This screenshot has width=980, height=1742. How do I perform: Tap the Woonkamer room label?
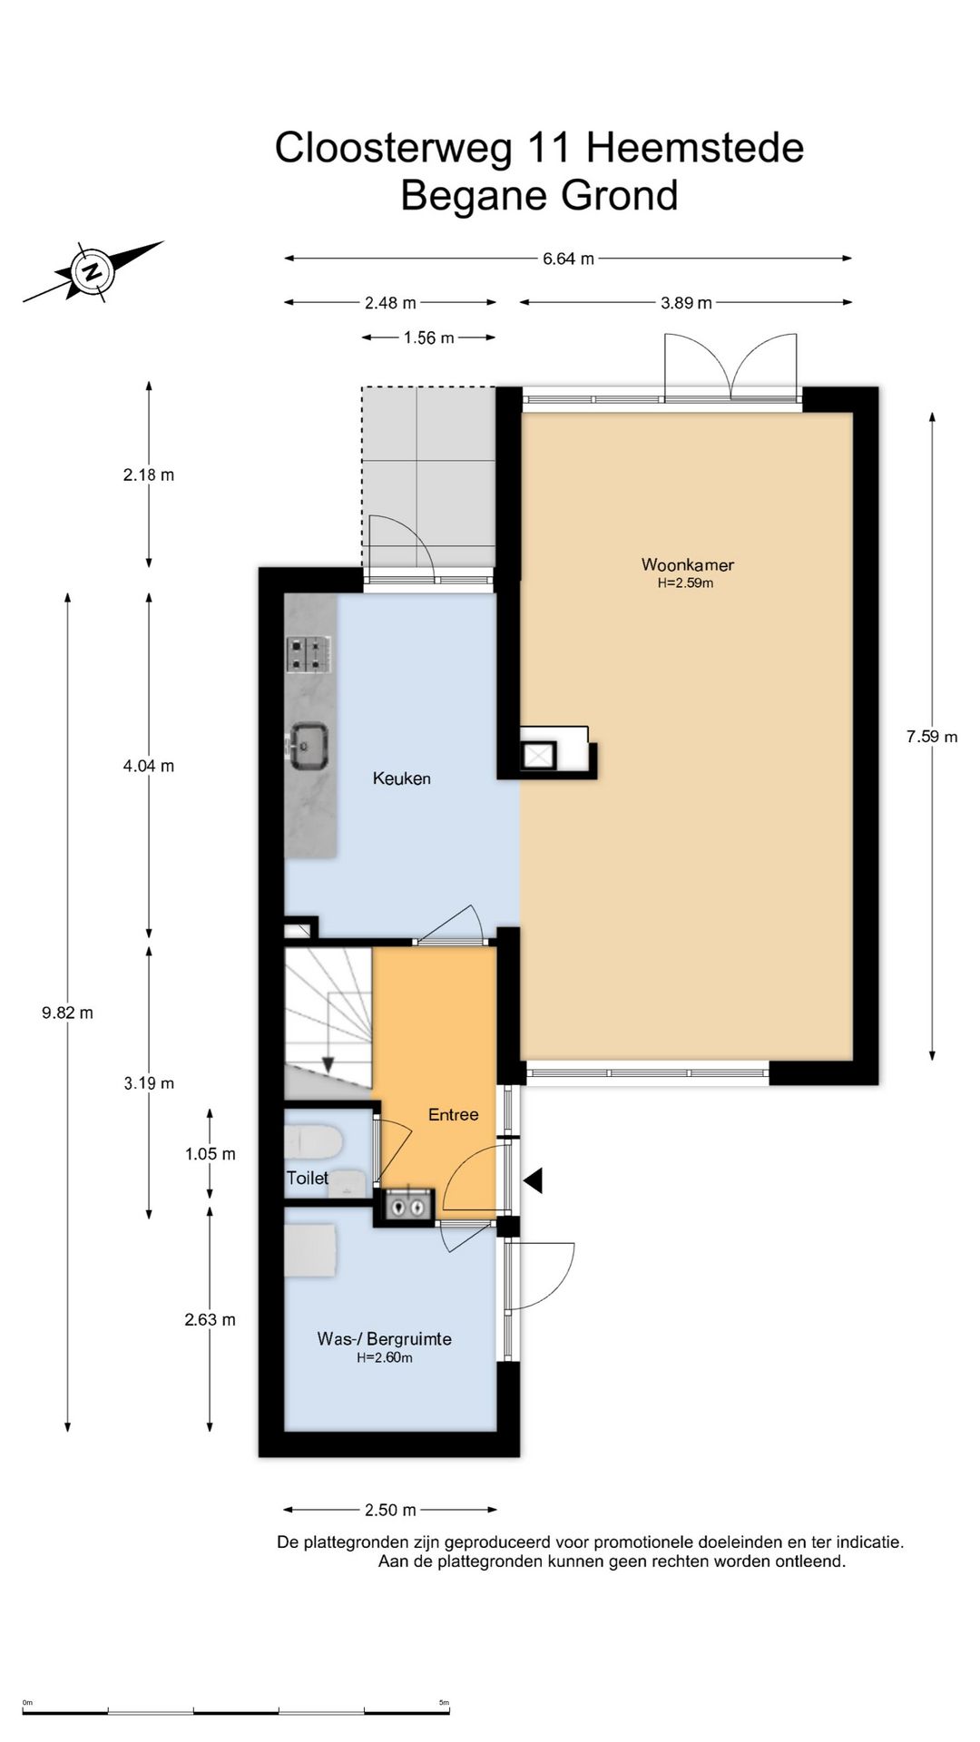pyautogui.click(x=687, y=564)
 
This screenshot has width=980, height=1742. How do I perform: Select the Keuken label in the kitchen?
pyautogui.click(x=401, y=778)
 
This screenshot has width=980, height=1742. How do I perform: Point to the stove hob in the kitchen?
pyautogui.click(x=309, y=654)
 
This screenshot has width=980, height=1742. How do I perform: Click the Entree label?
pyautogui.click(x=453, y=1114)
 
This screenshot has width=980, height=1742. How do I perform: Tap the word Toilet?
pyautogui.click(x=308, y=1178)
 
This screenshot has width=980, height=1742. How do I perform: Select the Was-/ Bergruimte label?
pyautogui.click(x=384, y=1338)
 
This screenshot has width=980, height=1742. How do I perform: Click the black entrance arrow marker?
pyautogui.click(x=533, y=1180)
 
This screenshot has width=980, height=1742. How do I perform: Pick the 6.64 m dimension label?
pyautogui.click(x=568, y=259)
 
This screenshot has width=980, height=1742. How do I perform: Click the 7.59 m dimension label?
pyautogui.click(x=932, y=737)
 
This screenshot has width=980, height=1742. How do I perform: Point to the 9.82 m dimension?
pyautogui.click(x=67, y=1013)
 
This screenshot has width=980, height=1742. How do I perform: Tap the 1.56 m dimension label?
pyautogui.click(x=428, y=338)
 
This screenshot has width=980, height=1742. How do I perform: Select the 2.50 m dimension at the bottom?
pyautogui.click(x=390, y=1510)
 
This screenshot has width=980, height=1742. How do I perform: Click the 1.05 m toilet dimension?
pyautogui.click(x=210, y=1154)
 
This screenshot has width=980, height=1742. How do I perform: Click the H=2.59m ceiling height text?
pyautogui.click(x=686, y=583)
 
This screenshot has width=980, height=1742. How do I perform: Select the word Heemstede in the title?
pyautogui.click(x=695, y=148)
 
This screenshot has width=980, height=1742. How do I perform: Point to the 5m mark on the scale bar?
pyautogui.click(x=445, y=1703)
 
